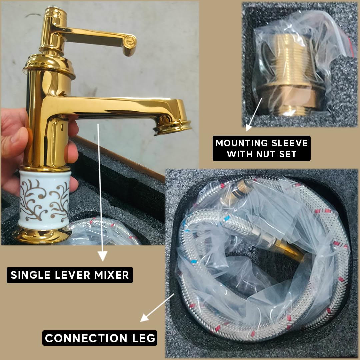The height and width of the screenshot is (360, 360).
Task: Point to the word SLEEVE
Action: click(x=289, y=143)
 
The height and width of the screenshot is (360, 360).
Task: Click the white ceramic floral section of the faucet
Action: click(x=45, y=200)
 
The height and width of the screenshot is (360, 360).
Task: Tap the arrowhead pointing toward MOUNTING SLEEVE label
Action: click(x=248, y=128)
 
